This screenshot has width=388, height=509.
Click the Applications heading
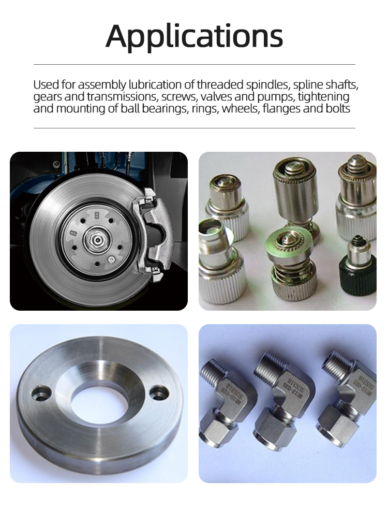(194, 37)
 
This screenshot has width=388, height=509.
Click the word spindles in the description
(267, 85)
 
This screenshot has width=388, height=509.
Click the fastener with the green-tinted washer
(288, 260)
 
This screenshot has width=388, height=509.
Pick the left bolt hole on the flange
(41, 394)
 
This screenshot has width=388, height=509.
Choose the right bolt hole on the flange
(159, 394)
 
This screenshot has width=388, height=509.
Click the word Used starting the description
(46, 85)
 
